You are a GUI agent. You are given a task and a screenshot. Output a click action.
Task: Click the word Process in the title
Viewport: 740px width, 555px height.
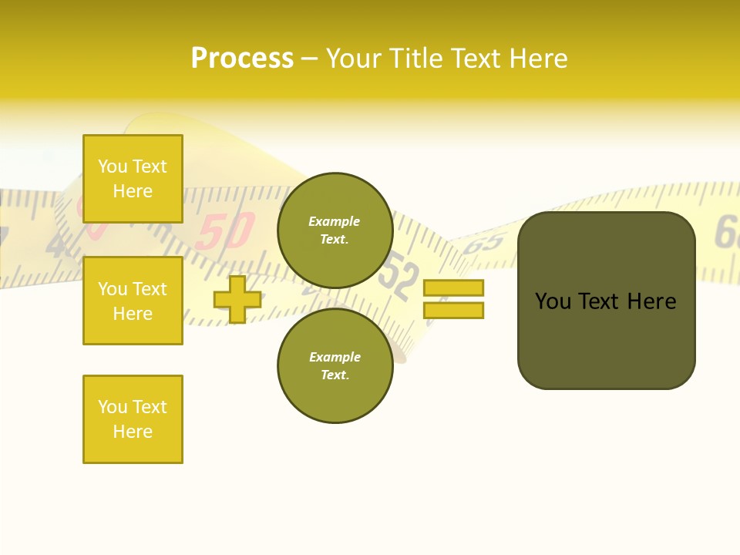pyautogui.click(x=242, y=59)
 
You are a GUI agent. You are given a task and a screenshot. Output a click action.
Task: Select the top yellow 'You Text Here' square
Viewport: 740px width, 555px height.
pyautogui.click(x=133, y=179)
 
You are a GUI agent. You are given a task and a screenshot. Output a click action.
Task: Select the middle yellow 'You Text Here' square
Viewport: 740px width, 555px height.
pyautogui.click(x=133, y=301)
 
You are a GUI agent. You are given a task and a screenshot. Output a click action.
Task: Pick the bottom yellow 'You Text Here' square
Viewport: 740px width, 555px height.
pyautogui.click(x=133, y=419)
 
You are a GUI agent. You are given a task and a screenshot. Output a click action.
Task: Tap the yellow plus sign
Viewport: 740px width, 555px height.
pyautogui.click(x=237, y=299)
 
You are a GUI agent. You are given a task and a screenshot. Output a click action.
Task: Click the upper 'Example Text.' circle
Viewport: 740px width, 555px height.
pyautogui.click(x=335, y=230)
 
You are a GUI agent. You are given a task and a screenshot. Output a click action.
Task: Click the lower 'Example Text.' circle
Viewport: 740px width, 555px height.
pyautogui.click(x=335, y=365)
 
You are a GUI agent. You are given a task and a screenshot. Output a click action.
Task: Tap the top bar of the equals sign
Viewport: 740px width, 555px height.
pyautogui.click(x=453, y=288)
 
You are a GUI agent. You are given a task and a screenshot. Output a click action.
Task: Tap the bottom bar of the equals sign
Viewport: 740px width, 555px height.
pyautogui.click(x=453, y=310)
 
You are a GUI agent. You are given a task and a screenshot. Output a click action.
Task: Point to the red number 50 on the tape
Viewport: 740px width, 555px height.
pyautogui.click(x=224, y=230)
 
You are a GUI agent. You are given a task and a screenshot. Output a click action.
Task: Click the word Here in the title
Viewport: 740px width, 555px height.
pyautogui.click(x=536, y=59)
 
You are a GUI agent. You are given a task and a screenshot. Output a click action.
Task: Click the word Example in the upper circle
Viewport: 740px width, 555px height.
pyautogui.click(x=334, y=221)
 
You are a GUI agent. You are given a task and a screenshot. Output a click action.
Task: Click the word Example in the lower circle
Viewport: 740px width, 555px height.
pyautogui.click(x=335, y=357)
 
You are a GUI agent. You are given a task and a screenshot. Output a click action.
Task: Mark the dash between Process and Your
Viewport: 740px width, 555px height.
pyautogui.click(x=310, y=59)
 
